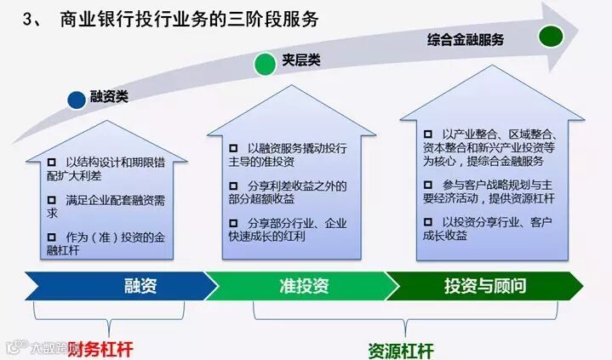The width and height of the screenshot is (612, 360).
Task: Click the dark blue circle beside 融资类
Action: (x=77, y=99)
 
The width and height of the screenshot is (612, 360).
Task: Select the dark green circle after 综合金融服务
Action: (x=551, y=37)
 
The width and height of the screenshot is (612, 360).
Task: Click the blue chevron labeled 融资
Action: (x=140, y=286)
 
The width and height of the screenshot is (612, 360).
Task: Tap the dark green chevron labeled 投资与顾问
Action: (x=485, y=286)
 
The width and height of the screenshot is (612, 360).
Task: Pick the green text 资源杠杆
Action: (x=401, y=349)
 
